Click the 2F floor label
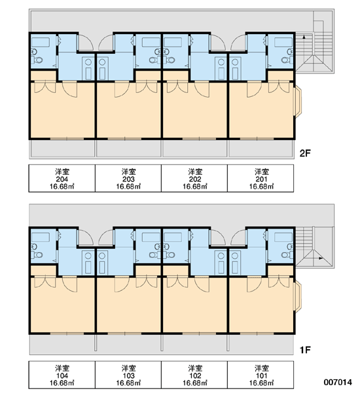pyautogui.click(x=305, y=153)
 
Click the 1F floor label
pyautogui.click(x=305, y=350)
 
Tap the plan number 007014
pyautogui.click(x=338, y=382)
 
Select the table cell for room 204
pyautogui.click(x=62, y=178)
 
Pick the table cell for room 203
pyautogui.click(x=128, y=178)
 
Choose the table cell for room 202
pyautogui.click(x=194, y=178)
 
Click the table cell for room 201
pyautogui.click(x=261, y=178)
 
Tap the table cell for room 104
pyautogui.click(x=62, y=375)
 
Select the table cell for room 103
pyautogui.click(x=128, y=375)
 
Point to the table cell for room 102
pyautogui.click(x=194, y=375)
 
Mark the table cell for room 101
pyautogui.click(x=261, y=375)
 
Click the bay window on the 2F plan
pyautogui.click(x=298, y=102)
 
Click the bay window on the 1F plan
pyautogui.click(x=298, y=297)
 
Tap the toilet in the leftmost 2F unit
pyautogui.click(x=39, y=60)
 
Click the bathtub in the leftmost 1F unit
pyautogui.click(x=41, y=237)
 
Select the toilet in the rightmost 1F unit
pyautogui.click(x=285, y=255)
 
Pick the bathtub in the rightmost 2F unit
pyautogui.click(x=283, y=42)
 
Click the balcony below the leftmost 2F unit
pyautogui.click(x=62, y=149)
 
